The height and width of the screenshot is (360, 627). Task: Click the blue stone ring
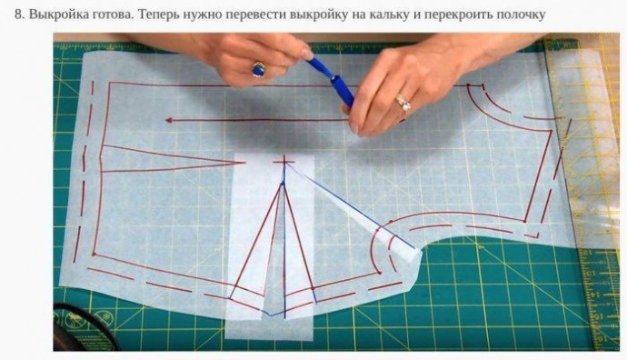tap(258, 69)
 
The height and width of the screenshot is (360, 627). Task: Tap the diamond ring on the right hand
tap(403, 102)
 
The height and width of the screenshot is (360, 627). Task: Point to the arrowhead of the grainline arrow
tap(169, 120)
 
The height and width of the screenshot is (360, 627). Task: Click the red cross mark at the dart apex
tap(284, 162)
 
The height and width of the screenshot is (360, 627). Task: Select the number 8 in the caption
tap(17, 15)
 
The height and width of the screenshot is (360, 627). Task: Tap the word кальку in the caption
tap(391, 15)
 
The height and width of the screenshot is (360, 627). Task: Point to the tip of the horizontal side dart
tap(244, 163)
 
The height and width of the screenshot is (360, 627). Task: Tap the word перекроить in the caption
tap(457, 15)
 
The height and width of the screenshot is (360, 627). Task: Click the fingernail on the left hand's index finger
tap(307, 54)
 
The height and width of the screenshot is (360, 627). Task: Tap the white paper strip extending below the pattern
tap(269, 328)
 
